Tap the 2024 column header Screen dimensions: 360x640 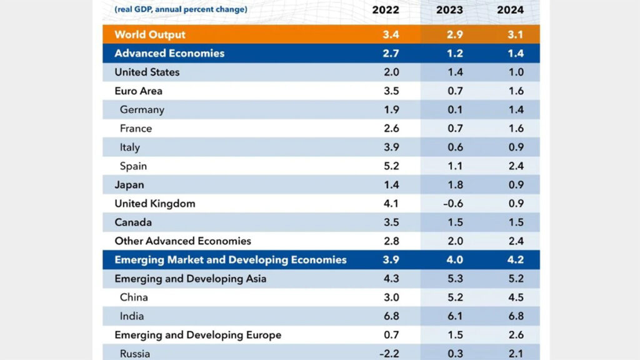[510, 10]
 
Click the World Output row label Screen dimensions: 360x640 [150, 34]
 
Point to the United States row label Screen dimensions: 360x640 [147, 72]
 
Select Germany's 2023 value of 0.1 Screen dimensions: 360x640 [455, 109]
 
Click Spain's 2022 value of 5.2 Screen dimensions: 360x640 [391, 166]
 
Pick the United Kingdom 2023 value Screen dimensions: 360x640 [454, 204]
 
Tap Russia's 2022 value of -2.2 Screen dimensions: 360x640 [389, 354]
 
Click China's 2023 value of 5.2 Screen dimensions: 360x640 [455, 297]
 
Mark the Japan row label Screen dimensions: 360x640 [129, 185]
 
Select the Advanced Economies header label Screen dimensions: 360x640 [169, 53]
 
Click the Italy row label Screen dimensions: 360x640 [130, 147]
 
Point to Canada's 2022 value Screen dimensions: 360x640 [391, 222]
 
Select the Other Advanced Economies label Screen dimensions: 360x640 [182, 241]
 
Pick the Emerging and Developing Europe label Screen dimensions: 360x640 [197, 335]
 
